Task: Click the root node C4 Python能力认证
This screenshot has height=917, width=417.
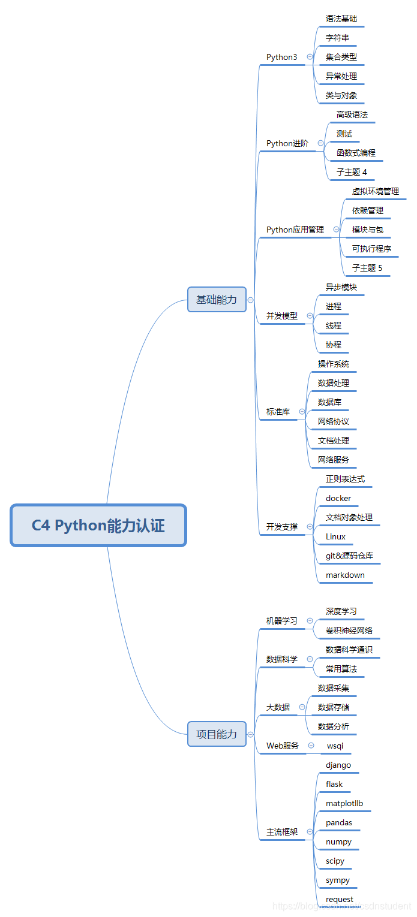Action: (x=98, y=526)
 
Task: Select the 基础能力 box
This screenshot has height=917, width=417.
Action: (x=217, y=300)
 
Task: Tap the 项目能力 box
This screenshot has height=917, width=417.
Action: (x=217, y=734)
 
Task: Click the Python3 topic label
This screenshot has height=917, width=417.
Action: (x=281, y=57)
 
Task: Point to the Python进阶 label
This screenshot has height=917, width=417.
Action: (x=287, y=143)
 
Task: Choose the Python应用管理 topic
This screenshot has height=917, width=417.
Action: (x=295, y=230)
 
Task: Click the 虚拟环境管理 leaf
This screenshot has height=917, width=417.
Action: (x=375, y=191)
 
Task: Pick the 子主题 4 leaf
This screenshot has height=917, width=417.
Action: (x=352, y=172)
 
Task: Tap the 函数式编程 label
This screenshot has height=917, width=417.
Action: (x=356, y=153)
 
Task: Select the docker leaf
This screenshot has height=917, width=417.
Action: (x=338, y=498)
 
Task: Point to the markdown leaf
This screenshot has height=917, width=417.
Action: (x=345, y=575)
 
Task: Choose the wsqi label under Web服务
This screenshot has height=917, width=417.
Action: (x=335, y=746)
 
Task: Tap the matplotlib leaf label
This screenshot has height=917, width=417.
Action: (x=344, y=803)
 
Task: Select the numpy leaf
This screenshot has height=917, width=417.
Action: (x=338, y=841)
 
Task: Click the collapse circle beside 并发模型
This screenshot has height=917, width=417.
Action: (x=310, y=316)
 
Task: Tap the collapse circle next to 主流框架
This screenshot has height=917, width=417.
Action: (x=310, y=832)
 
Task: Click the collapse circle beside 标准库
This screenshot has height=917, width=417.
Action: (x=302, y=412)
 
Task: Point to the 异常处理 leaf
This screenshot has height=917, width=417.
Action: (x=341, y=76)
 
